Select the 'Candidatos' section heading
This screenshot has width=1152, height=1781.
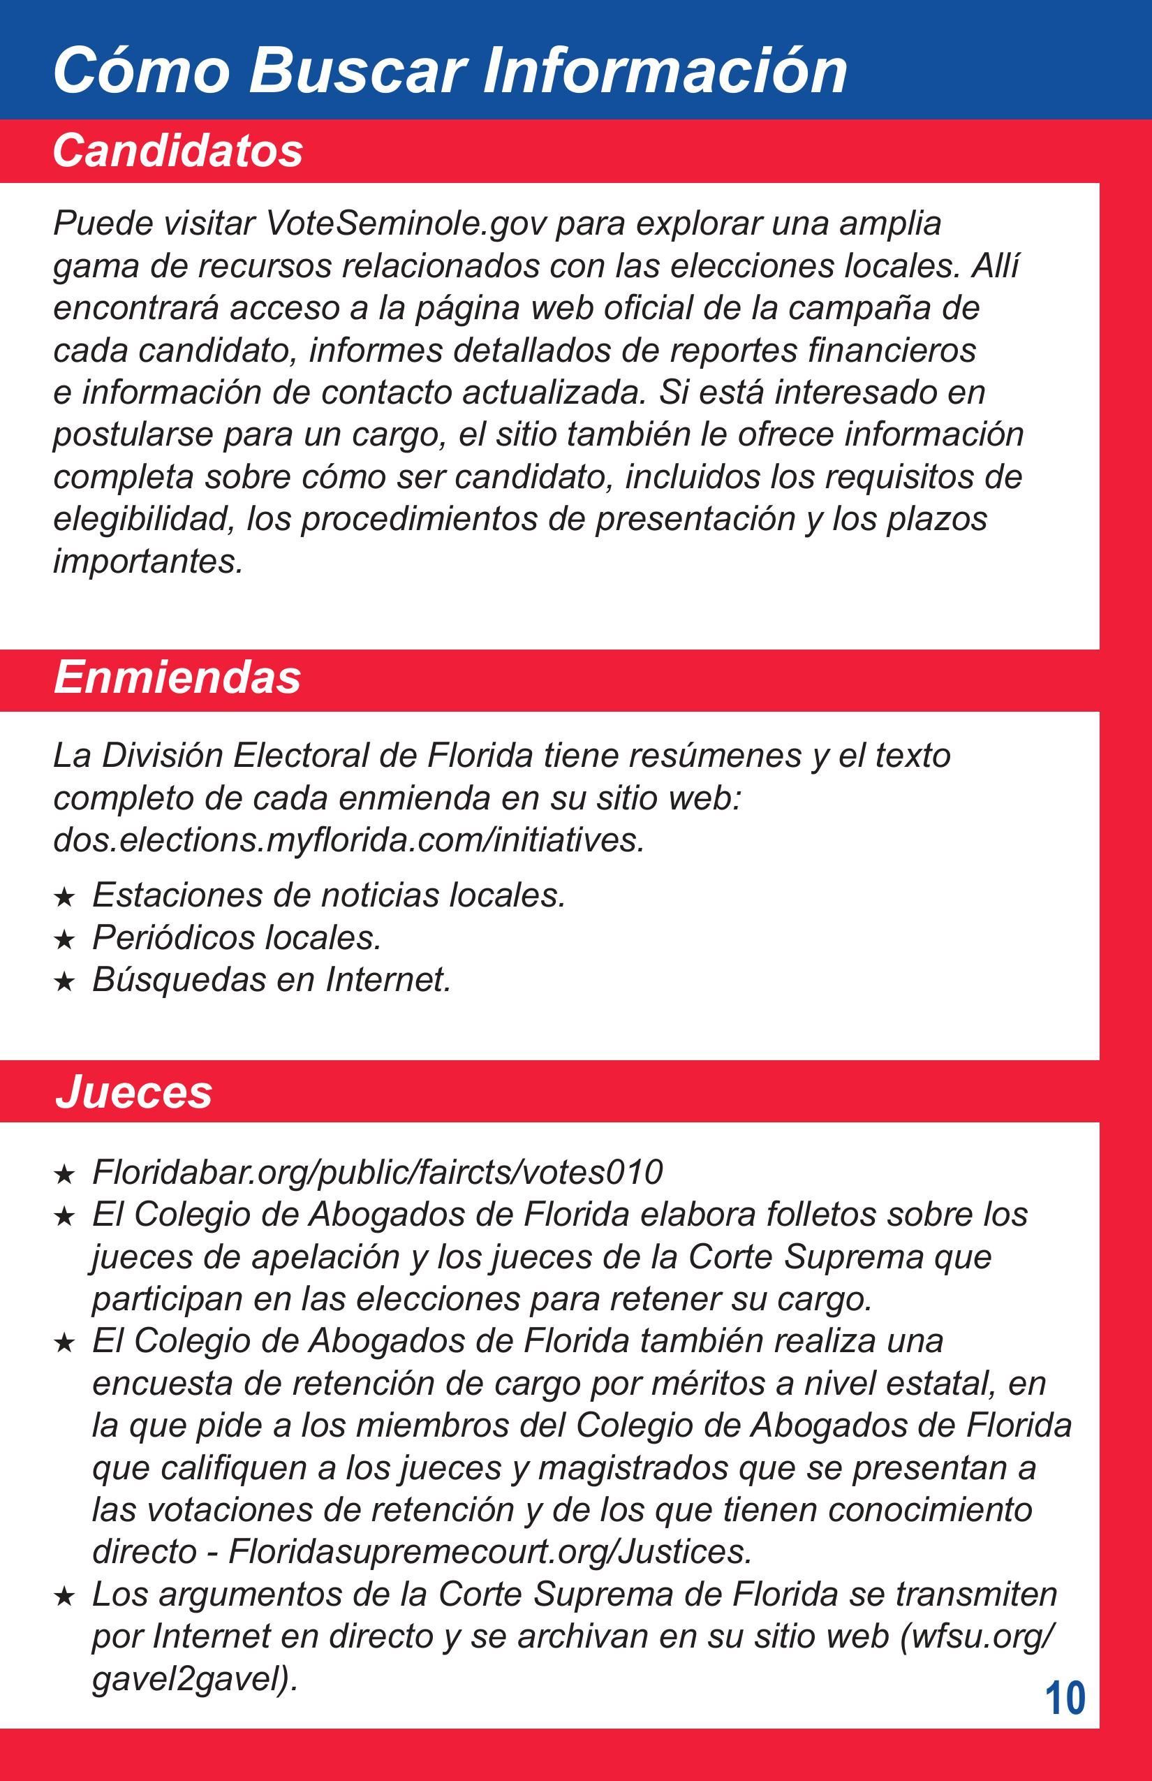point(177,150)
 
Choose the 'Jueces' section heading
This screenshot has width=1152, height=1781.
point(133,1091)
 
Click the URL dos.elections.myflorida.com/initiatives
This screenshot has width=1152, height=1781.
point(348,840)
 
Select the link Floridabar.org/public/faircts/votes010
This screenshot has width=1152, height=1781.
point(377,1172)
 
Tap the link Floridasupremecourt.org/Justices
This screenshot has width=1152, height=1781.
point(489,1551)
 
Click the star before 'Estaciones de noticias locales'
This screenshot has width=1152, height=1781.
point(65,897)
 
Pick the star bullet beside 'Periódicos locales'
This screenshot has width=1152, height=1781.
point(65,939)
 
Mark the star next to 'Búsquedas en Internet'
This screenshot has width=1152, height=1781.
point(65,981)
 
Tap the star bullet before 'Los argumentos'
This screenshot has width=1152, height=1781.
point(65,1596)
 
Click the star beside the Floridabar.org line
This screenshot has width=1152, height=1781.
point(65,1174)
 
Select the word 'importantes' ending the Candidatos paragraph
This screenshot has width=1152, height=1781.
point(147,562)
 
